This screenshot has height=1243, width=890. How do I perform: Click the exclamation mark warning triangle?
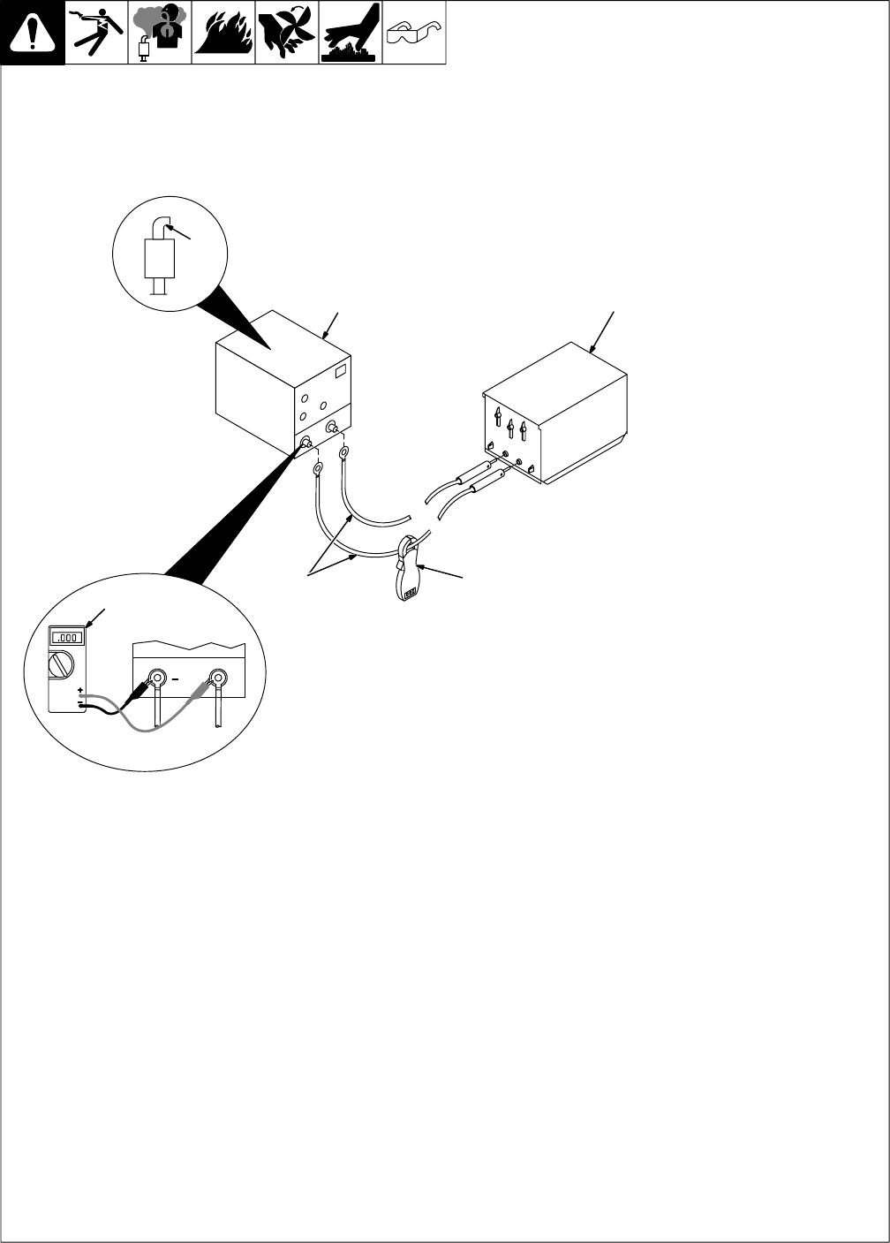(x=33, y=33)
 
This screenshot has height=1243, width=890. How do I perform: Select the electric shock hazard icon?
(x=97, y=33)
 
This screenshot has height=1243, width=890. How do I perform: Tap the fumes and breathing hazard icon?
(x=160, y=33)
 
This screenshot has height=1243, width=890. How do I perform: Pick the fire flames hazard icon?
(x=223, y=33)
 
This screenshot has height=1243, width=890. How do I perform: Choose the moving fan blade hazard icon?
(x=287, y=33)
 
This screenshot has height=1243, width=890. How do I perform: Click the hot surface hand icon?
(x=351, y=33)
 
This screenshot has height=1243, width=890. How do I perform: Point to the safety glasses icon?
(x=414, y=33)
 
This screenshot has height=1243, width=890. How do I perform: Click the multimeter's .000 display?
(x=67, y=637)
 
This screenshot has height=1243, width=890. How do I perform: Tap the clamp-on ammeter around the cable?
(x=409, y=571)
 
